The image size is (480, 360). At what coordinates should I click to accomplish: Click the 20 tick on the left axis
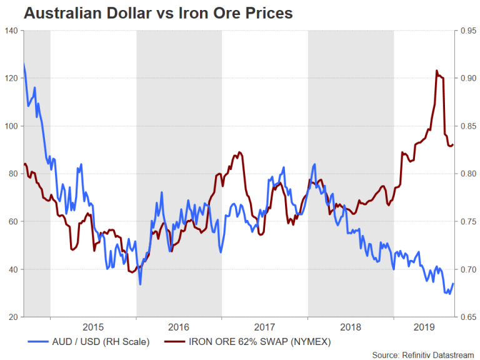coord(12,317)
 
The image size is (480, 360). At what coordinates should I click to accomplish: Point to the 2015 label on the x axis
coord(93,327)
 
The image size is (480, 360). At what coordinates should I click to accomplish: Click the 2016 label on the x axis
coord(179,327)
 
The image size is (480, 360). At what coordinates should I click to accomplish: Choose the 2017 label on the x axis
coord(265,327)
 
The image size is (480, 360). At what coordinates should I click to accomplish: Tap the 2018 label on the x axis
coord(351,327)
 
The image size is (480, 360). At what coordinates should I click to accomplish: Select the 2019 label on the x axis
coord(425,327)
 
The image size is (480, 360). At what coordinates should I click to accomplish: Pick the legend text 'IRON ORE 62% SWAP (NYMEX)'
coord(252,341)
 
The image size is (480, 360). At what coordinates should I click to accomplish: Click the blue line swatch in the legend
coord(39,341)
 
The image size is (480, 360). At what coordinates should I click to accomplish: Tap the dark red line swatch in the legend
coord(178,341)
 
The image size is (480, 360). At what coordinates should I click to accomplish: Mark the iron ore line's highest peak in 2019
coord(436,71)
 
